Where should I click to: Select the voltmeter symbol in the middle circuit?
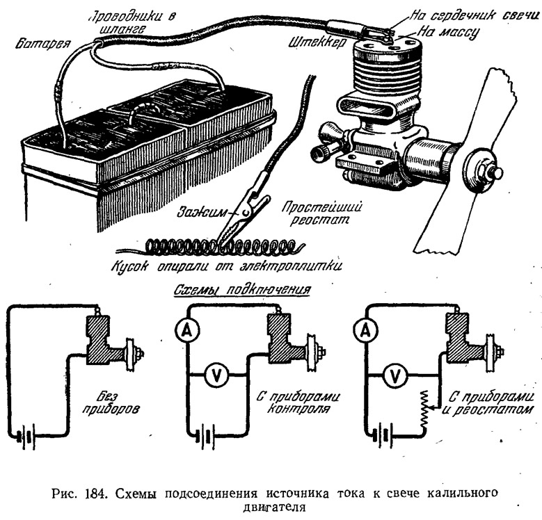[216, 375]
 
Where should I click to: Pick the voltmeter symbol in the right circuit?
[394, 375]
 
